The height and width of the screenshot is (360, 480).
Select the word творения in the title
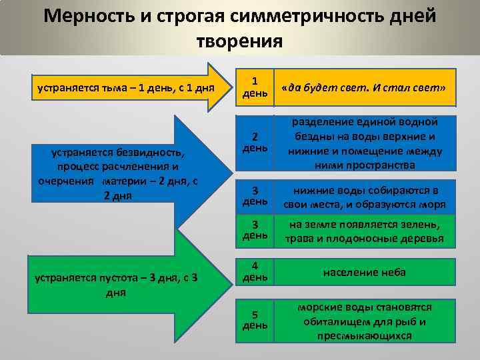[x=239, y=41]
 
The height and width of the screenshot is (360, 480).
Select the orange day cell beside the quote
[x=255, y=86]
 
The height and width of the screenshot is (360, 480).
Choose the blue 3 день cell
[x=255, y=195]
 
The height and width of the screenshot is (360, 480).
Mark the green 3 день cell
[x=255, y=230]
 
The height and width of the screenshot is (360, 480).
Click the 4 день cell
[x=255, y=271]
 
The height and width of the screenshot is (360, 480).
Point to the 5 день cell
[x=255, y=320]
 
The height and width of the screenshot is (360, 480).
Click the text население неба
[x=364, y=272]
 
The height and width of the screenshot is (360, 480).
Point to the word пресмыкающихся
[x=364, y=335]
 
